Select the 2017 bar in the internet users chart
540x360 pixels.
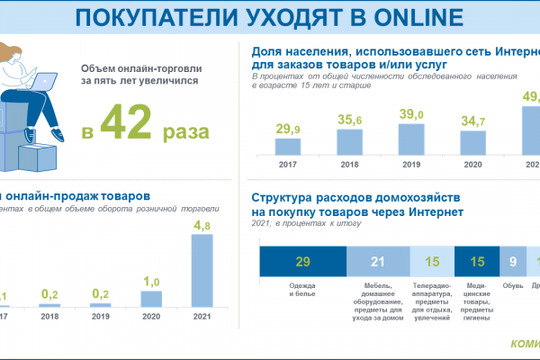[x=288, y=148]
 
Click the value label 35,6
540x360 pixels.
[x=349, y=120]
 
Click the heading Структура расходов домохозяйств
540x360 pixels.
[x=356, y=197]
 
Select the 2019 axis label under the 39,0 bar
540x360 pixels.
[x=410, y=165]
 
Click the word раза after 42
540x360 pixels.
[x=186, y=131]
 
